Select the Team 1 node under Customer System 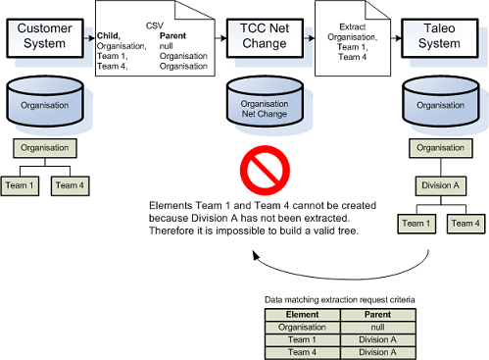point(27,184)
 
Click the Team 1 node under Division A point(416,225)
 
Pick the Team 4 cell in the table point(302,352)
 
